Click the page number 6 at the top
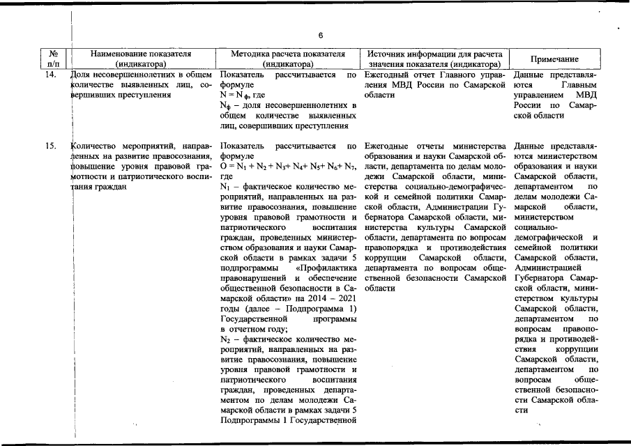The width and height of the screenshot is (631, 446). coord(320,36)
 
